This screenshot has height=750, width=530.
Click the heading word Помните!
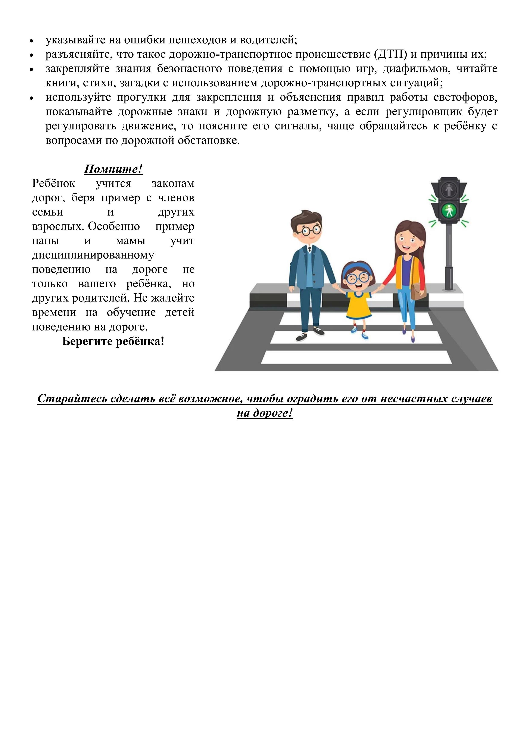[113, 169]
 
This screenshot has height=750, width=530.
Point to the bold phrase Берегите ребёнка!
[113, 341]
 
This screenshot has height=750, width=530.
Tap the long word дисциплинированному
[93, 255]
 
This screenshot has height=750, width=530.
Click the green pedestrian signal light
[449, 211]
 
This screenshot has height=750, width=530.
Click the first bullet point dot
[32, 41]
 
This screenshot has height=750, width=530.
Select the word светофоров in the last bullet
[470, 97]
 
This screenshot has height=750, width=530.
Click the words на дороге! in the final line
[265, 413]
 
